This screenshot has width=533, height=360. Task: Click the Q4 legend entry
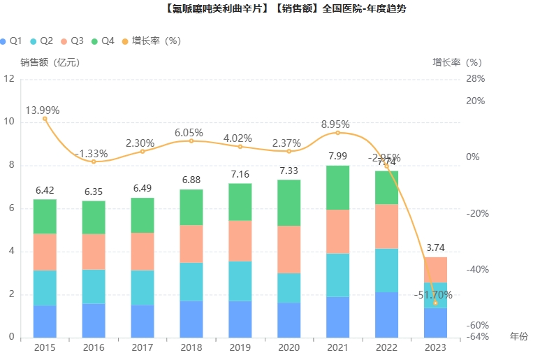click(x=103, y=41)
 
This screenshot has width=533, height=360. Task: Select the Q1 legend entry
click(x=11, y=41)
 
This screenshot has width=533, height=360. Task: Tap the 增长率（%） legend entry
click(x=149, y=41)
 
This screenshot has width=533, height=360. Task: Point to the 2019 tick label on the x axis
click(x=240, y=347)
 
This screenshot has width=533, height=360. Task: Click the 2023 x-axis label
click(x=435, y=347)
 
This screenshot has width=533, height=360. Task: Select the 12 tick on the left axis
click(x=9, y=78)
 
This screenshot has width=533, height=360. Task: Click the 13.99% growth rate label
click(x=43, y=110)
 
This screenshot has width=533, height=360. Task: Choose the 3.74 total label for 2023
click(x=435, y=248)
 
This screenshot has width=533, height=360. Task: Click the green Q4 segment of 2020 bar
click(x=289, y=203)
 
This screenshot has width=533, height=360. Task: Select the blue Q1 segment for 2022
click(x=386, y=315)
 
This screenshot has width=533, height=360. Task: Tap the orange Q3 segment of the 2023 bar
click(x=435, y=270)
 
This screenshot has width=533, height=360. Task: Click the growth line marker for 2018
click(x=191, y=141)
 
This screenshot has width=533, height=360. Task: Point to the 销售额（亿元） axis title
click(x=50, y=62)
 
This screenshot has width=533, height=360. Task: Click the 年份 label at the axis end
click(x=519, y=336)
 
